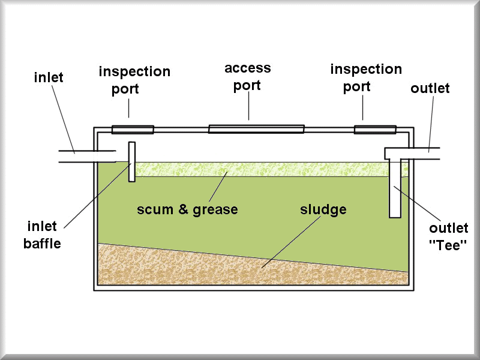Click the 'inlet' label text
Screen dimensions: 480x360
pyautogui.click(x=49, y=77)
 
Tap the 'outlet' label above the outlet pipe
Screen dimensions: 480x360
pyautogui.click(x=430, y=88)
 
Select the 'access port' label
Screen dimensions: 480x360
pyautogui.click(x=248, y=77)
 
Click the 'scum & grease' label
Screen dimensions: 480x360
pyautogui.click(x=187, y=209)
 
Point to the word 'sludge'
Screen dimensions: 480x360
pyautogui.click(x=323, y=209)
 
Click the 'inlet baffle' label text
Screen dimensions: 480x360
pyautogui.click(x=42, y=235)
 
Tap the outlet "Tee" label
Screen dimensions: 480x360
pyautogui.click(x=448, y=236)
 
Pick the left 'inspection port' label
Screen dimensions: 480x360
pyautogui.click(x=134, y=80)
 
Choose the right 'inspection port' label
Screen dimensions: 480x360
pyautogui.click(x=366, y=78)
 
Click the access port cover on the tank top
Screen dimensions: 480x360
pyautogui.click(x=256, y=129)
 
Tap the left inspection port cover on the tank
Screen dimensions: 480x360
pyautogui.click(x=133, y=130)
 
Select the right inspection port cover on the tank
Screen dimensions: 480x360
pyautogui.click(x=375, y=130)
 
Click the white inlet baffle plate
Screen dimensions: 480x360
pyautogui.click(x=132, y=161)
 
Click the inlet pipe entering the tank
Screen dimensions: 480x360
pyautogui.click(x=87, y=156)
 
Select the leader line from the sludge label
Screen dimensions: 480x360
pyautogui.click(x=291, y=242)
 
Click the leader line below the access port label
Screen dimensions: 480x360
pyautogui.click(x=248, y=106)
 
